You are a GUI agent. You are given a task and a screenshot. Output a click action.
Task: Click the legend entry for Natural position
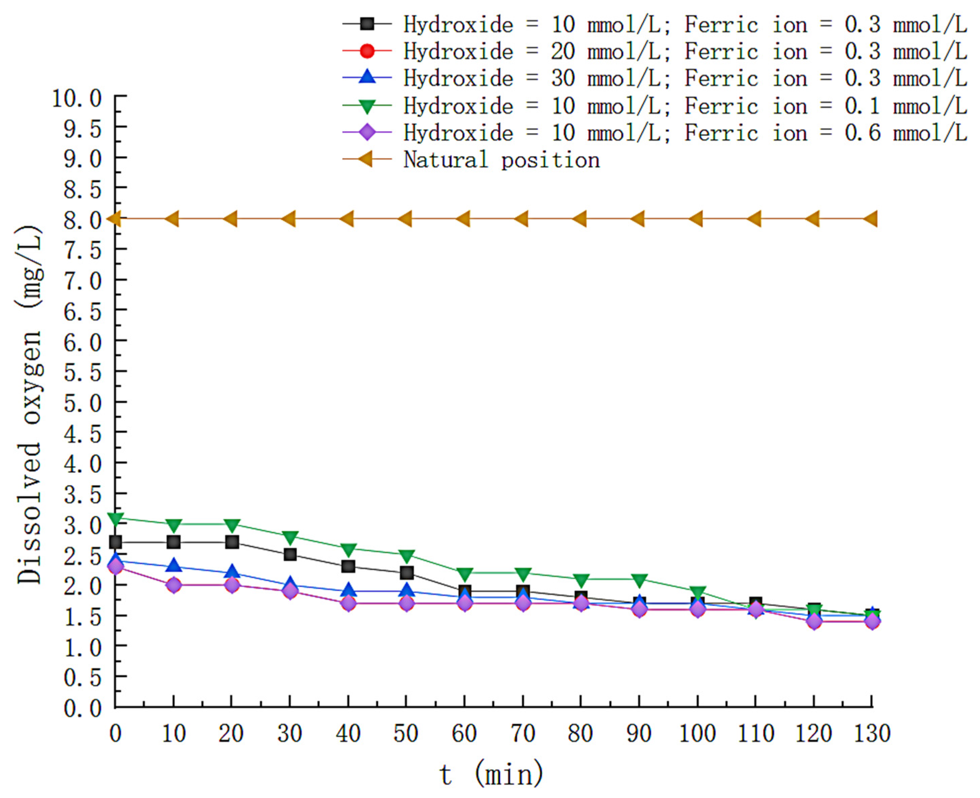pos(501,160)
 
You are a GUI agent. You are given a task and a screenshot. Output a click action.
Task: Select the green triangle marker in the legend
pos(367,106)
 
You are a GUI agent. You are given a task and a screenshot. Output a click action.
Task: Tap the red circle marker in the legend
pos(367,51)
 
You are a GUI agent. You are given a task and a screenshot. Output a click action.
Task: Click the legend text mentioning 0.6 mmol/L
pos(685,133)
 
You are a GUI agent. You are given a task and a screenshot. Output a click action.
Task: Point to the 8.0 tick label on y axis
pos(82,219)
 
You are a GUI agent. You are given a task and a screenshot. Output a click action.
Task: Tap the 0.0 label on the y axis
pos(82,708)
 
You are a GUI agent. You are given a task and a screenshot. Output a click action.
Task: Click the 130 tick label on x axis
pos(871,734)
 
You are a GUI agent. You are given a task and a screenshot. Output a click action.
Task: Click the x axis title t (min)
pos(491,774)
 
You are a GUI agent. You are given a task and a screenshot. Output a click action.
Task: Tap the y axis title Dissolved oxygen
pos(30,404)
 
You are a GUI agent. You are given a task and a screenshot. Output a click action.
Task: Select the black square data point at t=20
pos(232,542)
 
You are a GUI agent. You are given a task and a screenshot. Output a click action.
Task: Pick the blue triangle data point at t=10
pos(174,566)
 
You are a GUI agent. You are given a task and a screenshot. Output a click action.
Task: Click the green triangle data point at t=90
pos(639,580)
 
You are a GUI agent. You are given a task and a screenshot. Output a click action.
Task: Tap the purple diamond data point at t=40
pos(348,603)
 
